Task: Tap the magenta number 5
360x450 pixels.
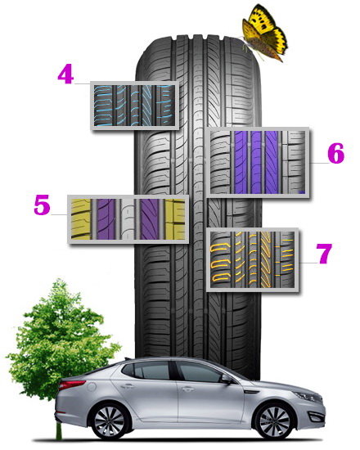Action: click(x=42, y=205)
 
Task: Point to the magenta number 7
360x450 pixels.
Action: click(x=324, y=253)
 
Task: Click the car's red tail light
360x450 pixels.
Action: click(x=72, y=385)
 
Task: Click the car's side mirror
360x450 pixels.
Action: click(x=226, y=379)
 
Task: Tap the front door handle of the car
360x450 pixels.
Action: click(x=187, y=389)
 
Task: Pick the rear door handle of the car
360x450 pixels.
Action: click(x=128, y=386)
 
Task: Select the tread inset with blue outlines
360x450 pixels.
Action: click(x=135, y=106)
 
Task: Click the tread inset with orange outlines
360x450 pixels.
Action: click(x=253, y=260)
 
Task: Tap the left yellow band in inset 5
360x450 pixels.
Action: click(x=81, y=219)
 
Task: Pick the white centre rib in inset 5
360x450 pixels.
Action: click(x=127, y=219)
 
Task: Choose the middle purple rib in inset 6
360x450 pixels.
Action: click(x=256, y=163)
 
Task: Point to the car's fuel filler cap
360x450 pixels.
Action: click(x=91, y=386)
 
